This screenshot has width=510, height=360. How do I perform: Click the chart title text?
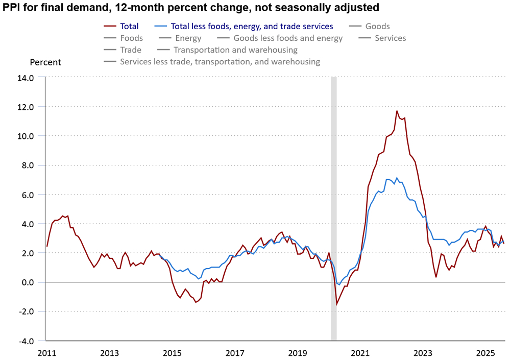[x=191, y=8]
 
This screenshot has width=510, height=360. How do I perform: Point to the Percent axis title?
[x=45, y=62]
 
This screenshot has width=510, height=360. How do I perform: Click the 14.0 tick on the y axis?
[x=26, y=78]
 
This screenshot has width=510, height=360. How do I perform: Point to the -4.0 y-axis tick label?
[x=26, y=341]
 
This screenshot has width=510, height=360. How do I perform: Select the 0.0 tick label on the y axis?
[x=27, y=282]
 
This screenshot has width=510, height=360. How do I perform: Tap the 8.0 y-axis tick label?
[x=27, y=165]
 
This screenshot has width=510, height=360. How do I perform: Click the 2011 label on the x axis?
[x=46, y=353]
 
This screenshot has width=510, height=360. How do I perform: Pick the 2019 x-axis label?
[x=298, y=353]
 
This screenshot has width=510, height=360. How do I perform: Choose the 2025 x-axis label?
[x=485, y=353]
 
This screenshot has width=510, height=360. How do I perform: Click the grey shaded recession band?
[x=334, y=204]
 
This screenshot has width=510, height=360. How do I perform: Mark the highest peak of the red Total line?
[x=397, y=111]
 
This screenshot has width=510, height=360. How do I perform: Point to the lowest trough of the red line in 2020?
[x=336, y=304]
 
